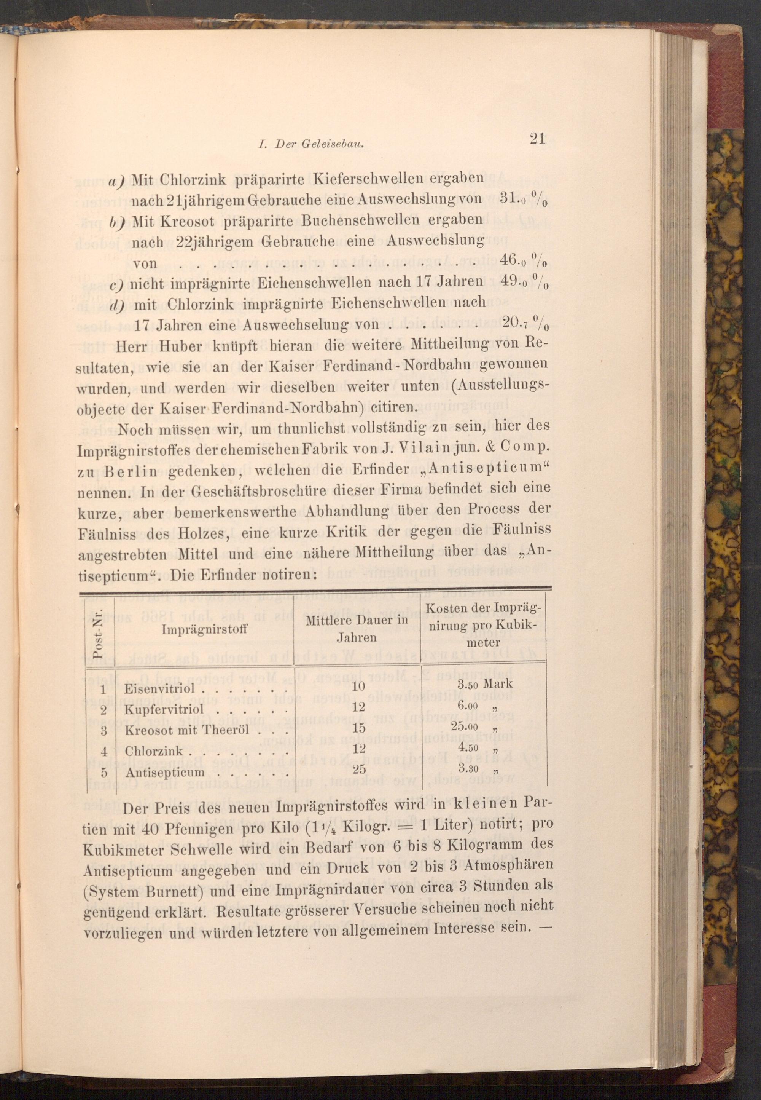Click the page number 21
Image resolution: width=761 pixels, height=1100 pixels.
537,139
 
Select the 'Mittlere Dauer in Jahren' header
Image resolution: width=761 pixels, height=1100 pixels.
357,629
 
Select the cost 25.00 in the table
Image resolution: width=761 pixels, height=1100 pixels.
467,727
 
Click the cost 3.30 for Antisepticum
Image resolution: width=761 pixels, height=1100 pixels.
468,768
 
